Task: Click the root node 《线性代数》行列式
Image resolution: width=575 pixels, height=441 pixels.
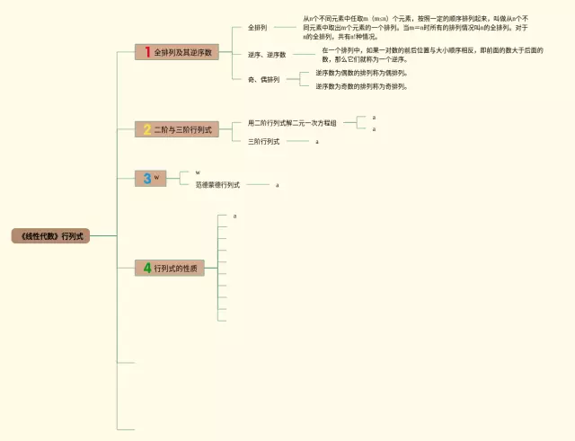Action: click(50, 236)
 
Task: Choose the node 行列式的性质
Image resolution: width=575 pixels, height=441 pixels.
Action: click(176, 268)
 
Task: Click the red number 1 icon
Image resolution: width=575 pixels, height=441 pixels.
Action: click(147, 53)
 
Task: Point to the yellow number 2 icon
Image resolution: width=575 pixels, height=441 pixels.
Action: click(147, 130)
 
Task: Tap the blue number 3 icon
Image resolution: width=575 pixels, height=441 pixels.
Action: click(147, 178)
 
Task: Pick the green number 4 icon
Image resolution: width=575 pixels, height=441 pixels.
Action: click(147, 268)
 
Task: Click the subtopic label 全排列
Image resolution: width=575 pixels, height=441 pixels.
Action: click(257, 28)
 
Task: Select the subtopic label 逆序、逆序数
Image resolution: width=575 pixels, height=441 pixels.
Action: click(267, 55)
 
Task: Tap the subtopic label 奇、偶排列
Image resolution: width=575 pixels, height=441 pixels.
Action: click(263, 80)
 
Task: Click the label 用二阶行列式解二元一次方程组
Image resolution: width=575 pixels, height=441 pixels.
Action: click(292, 123)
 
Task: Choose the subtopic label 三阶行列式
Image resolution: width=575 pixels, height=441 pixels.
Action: click(263, 142)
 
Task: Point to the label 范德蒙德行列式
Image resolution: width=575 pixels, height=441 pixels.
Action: click(217, 185)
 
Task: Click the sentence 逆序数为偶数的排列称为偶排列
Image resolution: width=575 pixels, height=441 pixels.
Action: click(361, 73)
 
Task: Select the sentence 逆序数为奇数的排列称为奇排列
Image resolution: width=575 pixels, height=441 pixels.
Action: click(361, 86)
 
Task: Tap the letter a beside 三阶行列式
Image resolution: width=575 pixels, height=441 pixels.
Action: click(317, 142)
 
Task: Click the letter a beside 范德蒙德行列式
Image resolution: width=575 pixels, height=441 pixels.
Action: click(278, 185)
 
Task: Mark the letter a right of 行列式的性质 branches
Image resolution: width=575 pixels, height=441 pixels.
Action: click(234, 216)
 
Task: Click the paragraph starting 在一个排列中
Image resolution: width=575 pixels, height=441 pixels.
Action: click(432, 55)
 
